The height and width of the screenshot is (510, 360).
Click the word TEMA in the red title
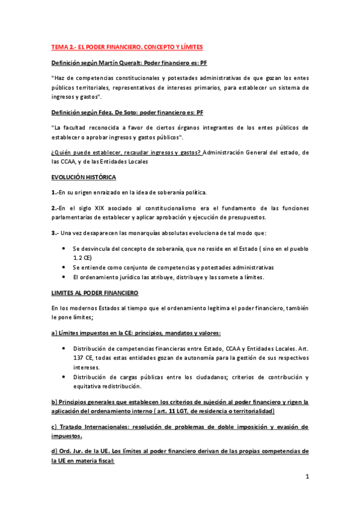(x=59, y=46)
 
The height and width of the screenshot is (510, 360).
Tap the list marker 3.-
(x=55, y=232)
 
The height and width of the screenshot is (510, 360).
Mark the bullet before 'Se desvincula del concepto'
(x=65, y=248)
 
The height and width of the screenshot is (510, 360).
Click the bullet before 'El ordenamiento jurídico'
(x=65, y=277)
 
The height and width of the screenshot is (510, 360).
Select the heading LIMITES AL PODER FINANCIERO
(x=95, y=292)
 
